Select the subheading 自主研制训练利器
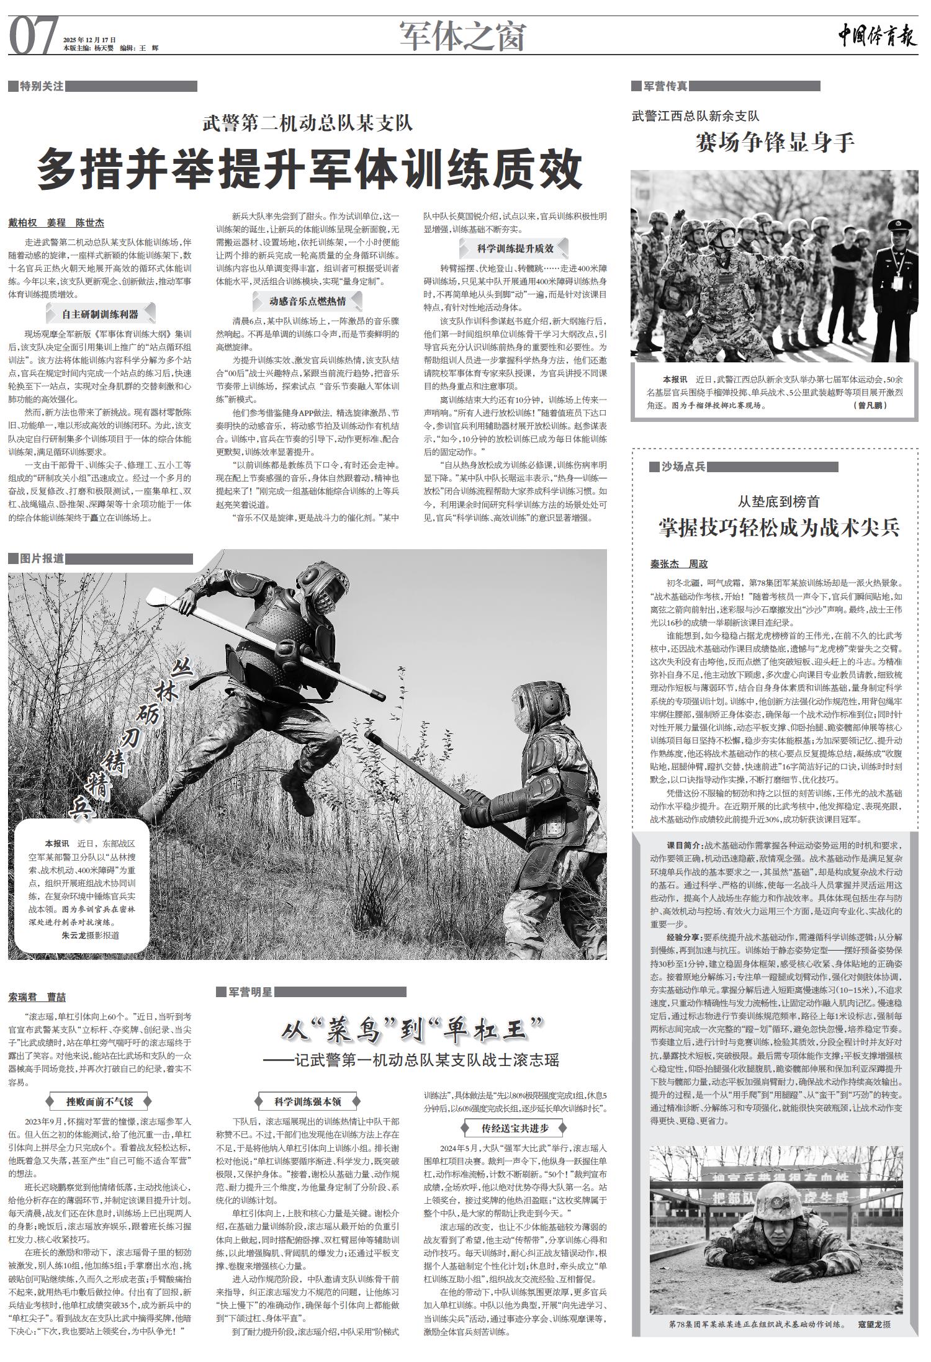(100, 314)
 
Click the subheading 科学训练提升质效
(515, 248)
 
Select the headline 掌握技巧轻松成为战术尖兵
(778, 527)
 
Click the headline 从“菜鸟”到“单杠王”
(412, 1032)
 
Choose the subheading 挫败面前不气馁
(100, 1102)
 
